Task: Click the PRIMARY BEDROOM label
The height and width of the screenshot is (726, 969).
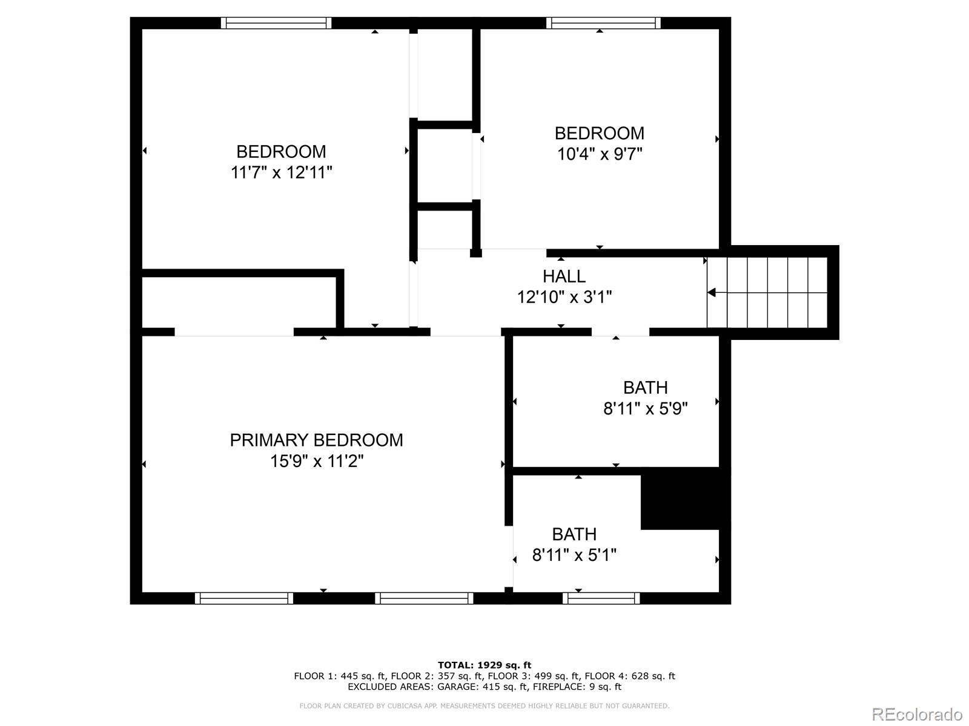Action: (316, 440)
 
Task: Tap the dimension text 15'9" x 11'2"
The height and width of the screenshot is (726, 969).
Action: (316, 462)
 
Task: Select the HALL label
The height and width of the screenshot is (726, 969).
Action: (564, 276)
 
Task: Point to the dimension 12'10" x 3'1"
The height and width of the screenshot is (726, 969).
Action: (564, 297)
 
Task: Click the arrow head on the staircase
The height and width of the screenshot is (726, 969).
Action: (712, 293)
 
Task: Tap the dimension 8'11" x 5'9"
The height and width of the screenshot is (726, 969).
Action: (645, 409)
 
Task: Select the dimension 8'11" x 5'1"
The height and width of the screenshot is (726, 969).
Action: (574, 555)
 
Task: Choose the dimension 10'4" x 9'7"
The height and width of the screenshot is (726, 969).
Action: (600, 154)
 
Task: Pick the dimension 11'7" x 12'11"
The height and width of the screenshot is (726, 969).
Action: (281, 173)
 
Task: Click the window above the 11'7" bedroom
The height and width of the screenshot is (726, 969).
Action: (276, 23)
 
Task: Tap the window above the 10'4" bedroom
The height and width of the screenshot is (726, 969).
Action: (603, 23)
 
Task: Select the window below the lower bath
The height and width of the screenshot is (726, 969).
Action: (601, 598)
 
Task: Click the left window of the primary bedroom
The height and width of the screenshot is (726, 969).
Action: (244, 598)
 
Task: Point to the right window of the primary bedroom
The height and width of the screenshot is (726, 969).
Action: (424, 598)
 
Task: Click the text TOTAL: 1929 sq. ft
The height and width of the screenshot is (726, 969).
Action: (484, 665)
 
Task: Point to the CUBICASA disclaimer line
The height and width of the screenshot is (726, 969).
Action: (484, 706)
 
